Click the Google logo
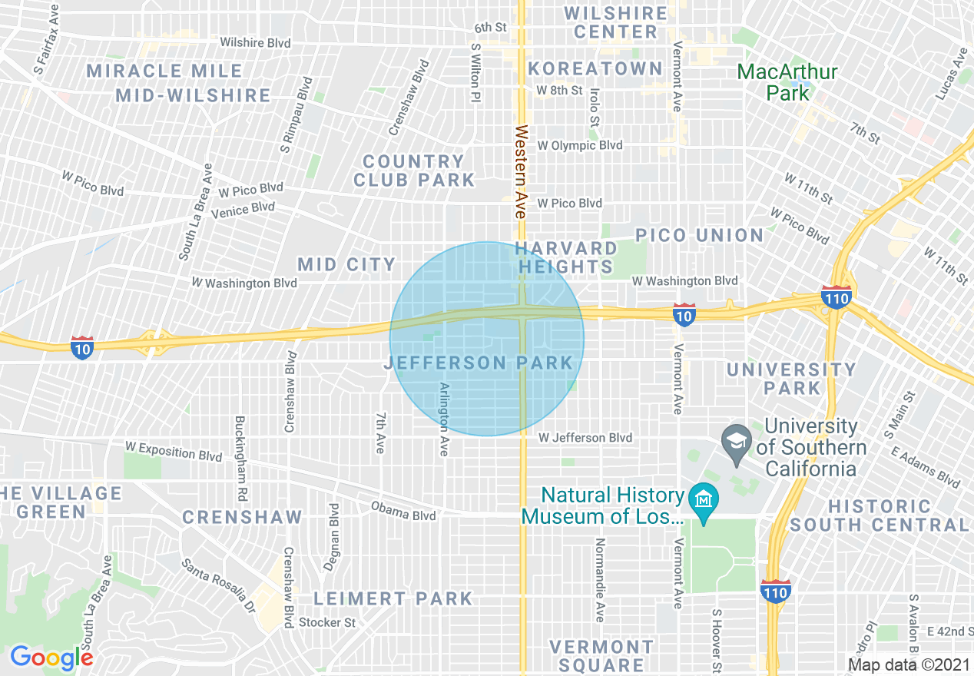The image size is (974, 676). (x=51, y=657)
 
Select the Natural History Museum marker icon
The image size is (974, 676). (x=703, y=499)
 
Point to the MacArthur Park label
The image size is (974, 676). (x=787, y=82)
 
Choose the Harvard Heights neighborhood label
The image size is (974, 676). (x=566, y=257)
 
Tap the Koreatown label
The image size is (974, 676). (x=595, y=68)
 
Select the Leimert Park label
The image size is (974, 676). (x=393, y=598)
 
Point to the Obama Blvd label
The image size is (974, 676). (x=403, y=512)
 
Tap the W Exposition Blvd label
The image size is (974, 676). (x=174, y=451)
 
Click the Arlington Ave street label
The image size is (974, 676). (x=443, y=419)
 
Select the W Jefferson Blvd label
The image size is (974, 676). (x=585, y=438)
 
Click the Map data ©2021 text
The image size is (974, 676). (x=908, y=664)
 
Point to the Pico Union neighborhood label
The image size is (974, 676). (x=699, y=235)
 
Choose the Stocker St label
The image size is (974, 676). (x=327, y=622)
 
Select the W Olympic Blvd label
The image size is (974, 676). (x=579, y=145)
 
